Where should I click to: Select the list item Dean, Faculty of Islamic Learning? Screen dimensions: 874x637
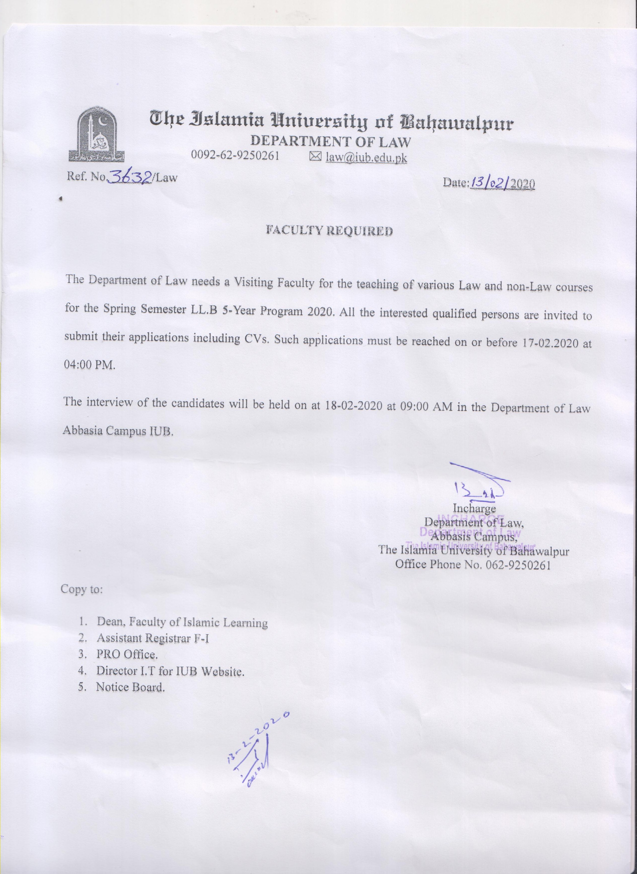[x=182, y=622]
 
